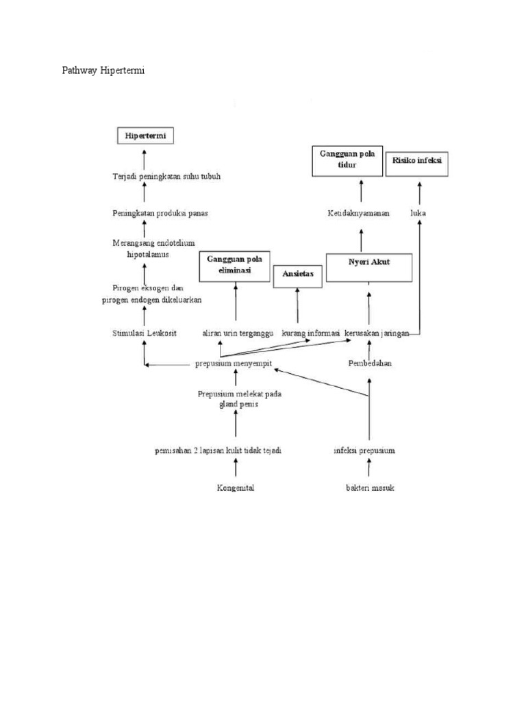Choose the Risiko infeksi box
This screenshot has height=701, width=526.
point(417,162)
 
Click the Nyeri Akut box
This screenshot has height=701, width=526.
point(368,268)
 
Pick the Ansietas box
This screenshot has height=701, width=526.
point(297,277)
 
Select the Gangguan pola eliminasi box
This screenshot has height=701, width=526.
point(235,266)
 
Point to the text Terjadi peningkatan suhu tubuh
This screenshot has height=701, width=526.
point(166,176)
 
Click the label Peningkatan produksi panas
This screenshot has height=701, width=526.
point(160,213)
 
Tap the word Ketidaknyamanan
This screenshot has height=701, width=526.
point(358,213)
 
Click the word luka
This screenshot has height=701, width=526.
point(418,213)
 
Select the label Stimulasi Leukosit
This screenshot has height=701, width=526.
point(145,333)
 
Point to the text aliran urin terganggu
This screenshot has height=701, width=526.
point(238,333)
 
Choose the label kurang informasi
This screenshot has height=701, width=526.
point(311,333)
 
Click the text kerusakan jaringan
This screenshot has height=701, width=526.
point(377,333)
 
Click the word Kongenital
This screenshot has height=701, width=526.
point(236,488)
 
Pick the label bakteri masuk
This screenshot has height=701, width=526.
point(370,488)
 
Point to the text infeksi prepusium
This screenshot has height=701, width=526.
point(364,450)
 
